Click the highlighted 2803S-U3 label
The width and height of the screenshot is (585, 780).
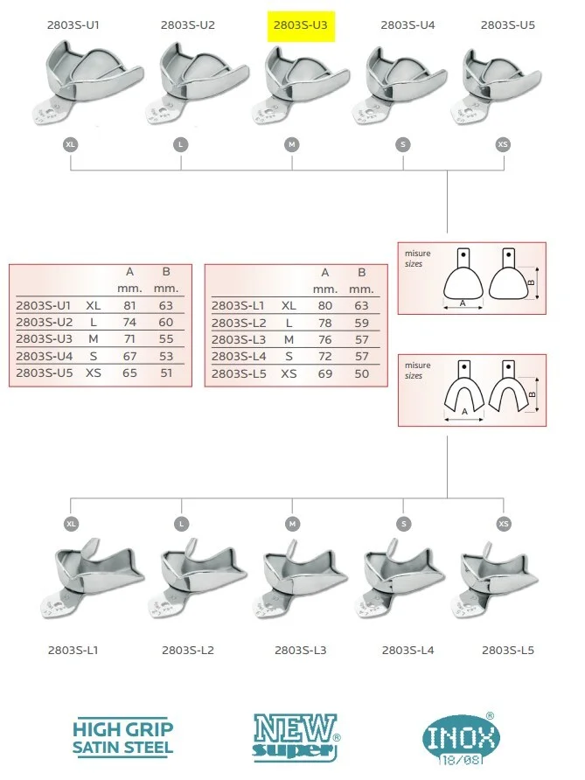click(x=301, y=25)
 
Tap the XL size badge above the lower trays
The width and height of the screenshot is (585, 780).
click(x=71, y=524)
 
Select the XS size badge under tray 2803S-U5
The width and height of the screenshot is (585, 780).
click(x=503, y=145)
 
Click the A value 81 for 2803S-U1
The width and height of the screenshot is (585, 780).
click(x=129, y=305)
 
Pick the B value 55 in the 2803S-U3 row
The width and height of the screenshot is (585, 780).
click(x=166, y=339)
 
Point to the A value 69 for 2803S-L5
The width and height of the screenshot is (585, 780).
click(x=325, y=373)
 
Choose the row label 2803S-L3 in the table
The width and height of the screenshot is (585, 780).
click(x=239, y=340)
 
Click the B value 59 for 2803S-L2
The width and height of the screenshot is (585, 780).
click(x=362, y=323)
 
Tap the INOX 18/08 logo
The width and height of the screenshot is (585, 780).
click(x=460, y=739)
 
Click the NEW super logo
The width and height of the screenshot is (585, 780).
click(x=296, y=738)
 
